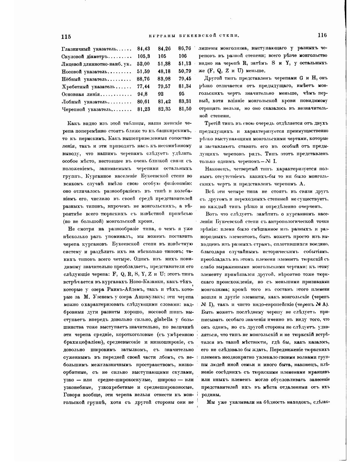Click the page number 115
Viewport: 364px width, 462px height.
click(x=66, y=36)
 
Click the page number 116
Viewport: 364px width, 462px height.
click(x=322, y=35)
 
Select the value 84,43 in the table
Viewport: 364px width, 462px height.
click(x=143, y=49)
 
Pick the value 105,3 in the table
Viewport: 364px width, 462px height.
click(x=144, y=57)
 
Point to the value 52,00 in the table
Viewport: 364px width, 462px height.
click(x=143, y=64)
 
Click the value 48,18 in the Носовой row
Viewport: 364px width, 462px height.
click(x=164, y=71)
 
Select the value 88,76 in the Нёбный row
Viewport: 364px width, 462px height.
click(x=143, y=79)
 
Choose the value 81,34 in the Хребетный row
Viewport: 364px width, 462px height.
click(x=185, y=86)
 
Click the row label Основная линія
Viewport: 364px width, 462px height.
click(x=81, y=94)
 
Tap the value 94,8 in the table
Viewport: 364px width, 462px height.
click(x=142, y=94)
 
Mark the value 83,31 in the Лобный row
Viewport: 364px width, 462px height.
click(x=185, y=102)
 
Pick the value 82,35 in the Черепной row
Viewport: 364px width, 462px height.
click(x=164, y=109)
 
